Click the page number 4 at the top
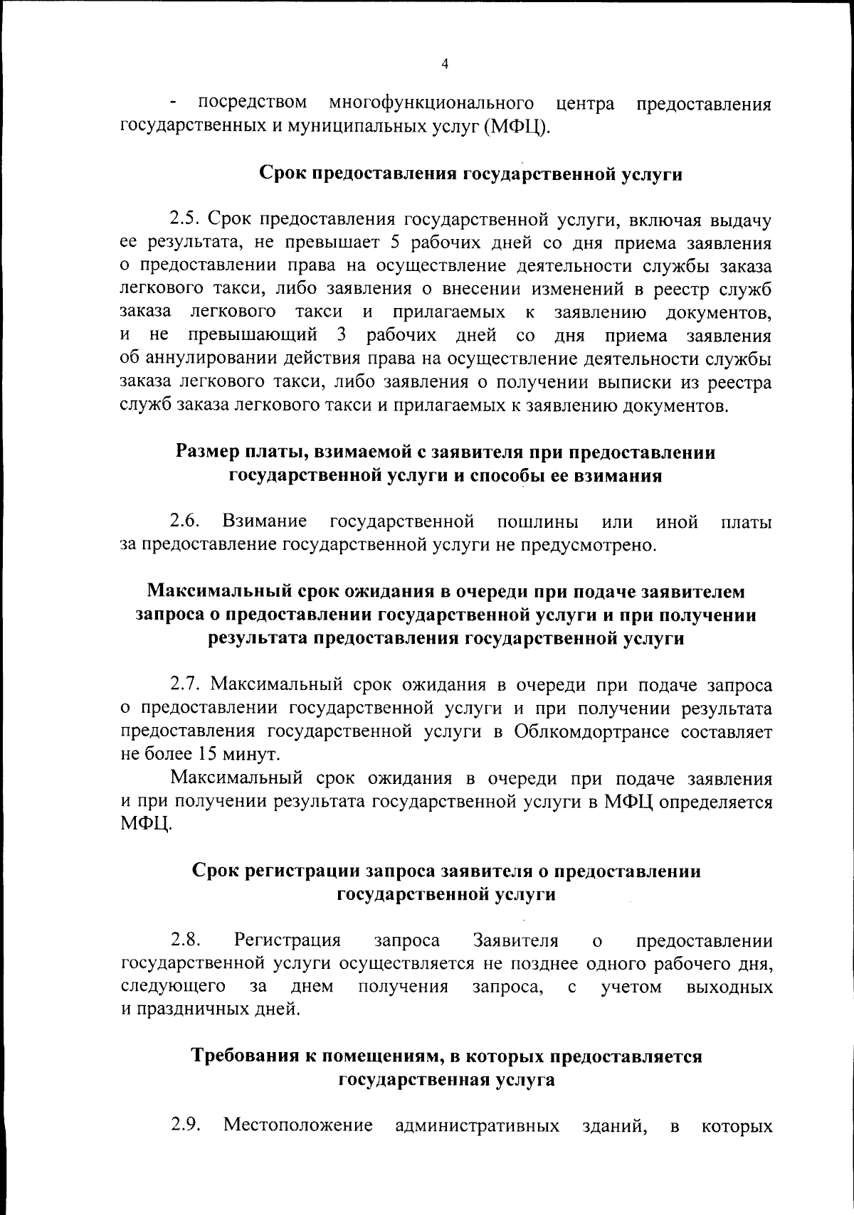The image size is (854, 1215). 445,64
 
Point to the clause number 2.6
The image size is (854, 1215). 186,521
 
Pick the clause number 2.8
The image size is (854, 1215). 186,940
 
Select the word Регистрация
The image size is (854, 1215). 288,940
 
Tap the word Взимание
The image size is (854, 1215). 264,521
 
